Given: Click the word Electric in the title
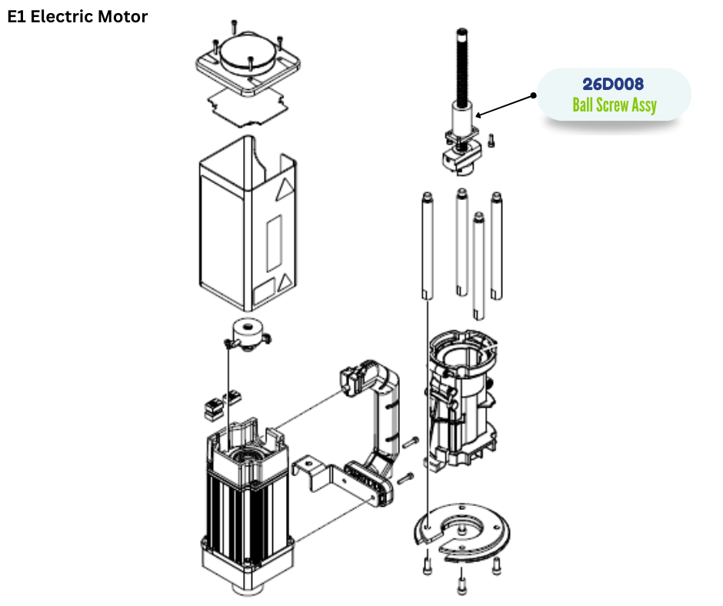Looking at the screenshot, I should coord(65,16).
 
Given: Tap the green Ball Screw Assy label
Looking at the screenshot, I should coord(614,105).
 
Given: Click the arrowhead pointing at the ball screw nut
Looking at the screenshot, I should coord(479,116).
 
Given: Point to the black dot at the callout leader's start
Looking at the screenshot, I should coord(532,96).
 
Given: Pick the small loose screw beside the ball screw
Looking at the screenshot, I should coord(492,140).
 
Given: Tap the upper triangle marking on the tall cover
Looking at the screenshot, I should coord(285,189).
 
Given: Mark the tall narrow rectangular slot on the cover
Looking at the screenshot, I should coord(273,241).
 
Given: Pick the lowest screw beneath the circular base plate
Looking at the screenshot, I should coord(461,588).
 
